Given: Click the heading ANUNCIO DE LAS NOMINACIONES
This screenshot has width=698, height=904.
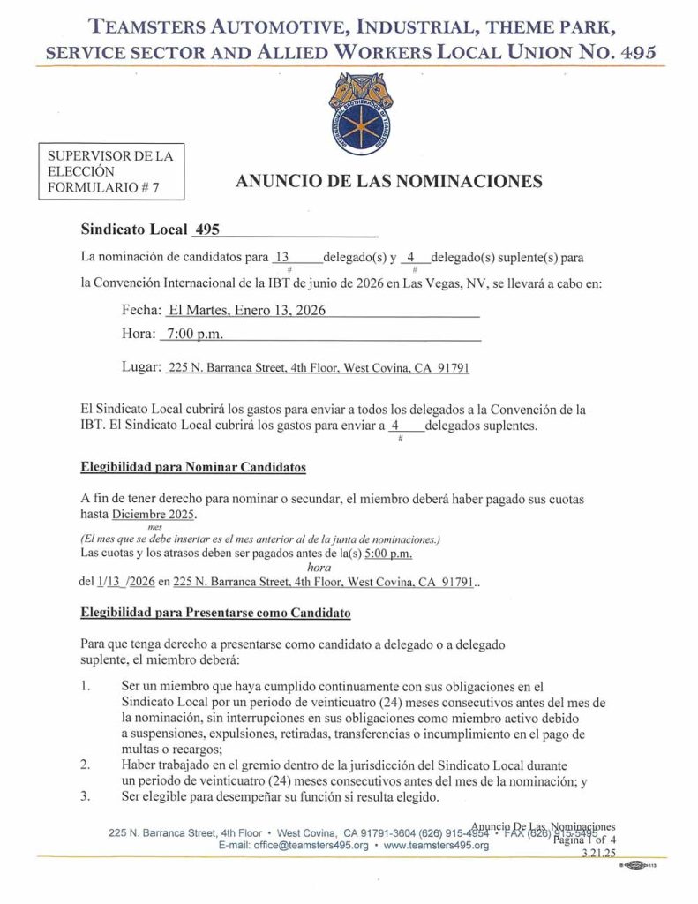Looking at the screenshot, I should (x=388, y=182).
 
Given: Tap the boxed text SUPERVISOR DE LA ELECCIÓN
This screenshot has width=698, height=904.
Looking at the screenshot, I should (x=110, y=163).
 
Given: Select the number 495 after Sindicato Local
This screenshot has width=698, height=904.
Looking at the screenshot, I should (x=206, y=230).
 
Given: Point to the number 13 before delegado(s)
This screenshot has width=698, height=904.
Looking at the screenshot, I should (x=281, y=258).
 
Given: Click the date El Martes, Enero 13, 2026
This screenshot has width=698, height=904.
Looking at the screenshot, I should (x=246, y=310).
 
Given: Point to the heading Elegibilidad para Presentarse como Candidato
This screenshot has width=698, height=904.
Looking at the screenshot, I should (x=215, y=612).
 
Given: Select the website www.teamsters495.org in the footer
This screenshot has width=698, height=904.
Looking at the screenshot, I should (x=436, y=845).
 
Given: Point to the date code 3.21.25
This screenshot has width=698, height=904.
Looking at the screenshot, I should (x=597, y=855).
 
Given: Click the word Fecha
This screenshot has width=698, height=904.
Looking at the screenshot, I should (x=141, y=310).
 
